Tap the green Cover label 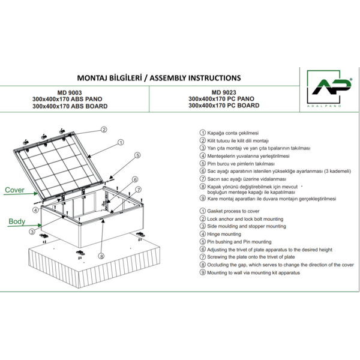point(14,190)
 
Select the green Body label point(16,221)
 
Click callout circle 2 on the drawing point(104,129)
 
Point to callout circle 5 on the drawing point(137,155)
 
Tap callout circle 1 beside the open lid point(120,142)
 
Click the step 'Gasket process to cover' point(233,211)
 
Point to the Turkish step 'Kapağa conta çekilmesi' point(232,133)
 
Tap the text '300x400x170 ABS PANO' point(70,100)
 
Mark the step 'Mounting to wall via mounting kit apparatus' point(254,273)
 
